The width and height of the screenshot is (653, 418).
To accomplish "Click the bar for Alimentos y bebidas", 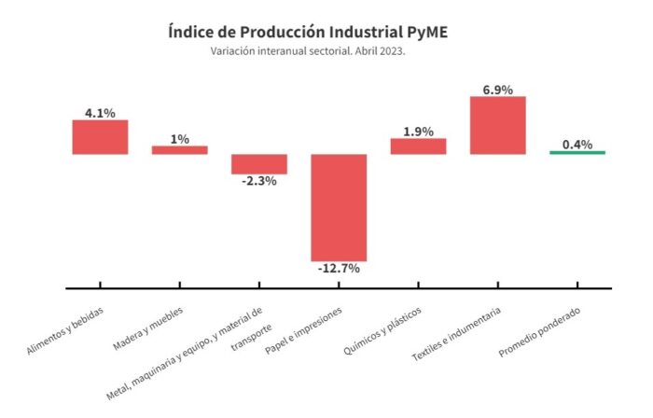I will [x=100, y=137].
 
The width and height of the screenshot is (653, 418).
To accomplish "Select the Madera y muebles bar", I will [x=180, y=149].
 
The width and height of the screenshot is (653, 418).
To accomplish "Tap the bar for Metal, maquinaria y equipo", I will [x=259, y=164].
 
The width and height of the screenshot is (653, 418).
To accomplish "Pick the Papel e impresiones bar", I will [x=339, y=207].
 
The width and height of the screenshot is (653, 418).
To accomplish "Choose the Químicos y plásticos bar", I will [x=418, y=146].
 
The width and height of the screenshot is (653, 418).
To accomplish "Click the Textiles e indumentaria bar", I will [x=497, y=125].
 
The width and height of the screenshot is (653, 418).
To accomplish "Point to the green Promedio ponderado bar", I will [x=577, y=152].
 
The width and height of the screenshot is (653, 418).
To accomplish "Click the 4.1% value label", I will [x=100, y=113].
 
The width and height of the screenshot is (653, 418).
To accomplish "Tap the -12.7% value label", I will [x=339, y=269].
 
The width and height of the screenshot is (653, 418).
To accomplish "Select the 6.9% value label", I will [x=497, y=89].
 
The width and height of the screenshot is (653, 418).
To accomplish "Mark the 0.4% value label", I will [x=577, y=144].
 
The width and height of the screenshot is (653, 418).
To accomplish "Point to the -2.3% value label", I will [x=259, y=181].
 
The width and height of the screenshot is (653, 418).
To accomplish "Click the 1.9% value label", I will [x=418, y=132].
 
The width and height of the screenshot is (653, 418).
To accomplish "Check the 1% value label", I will [x=180, y=139].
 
